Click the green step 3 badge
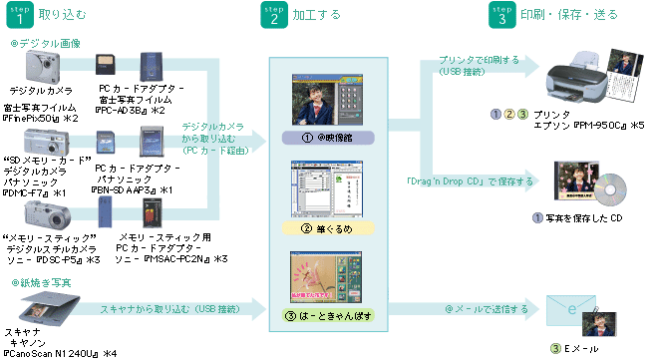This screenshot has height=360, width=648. pos(502,16)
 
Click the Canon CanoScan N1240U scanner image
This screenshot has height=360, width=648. pos(30,304)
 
